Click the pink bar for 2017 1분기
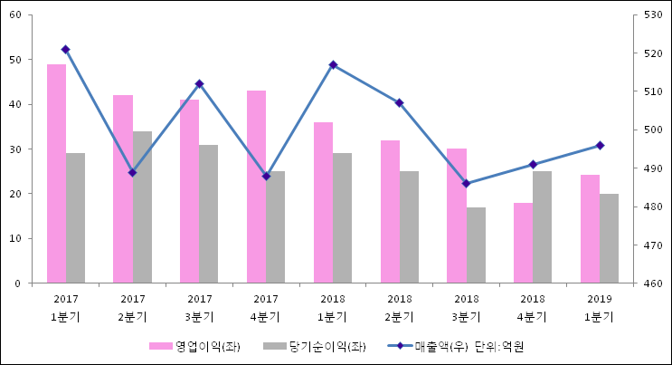click(x=56, y=174)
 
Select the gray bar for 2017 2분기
click(x=142, y=207)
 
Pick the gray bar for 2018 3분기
click(x=476, y=245)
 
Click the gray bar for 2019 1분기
click(x=609, y=238)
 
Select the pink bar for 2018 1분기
click(x=323, y=203)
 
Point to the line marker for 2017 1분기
click(x=65, y=49)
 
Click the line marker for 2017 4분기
click(x=266, y=176)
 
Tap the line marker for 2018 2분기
click(x=399, y=102)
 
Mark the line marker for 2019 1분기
click(x=600, y=145)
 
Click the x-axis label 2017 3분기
click(x=199, y=307)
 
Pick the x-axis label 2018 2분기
click(x=399, y=307)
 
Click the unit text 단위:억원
click(x=499, y=347)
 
